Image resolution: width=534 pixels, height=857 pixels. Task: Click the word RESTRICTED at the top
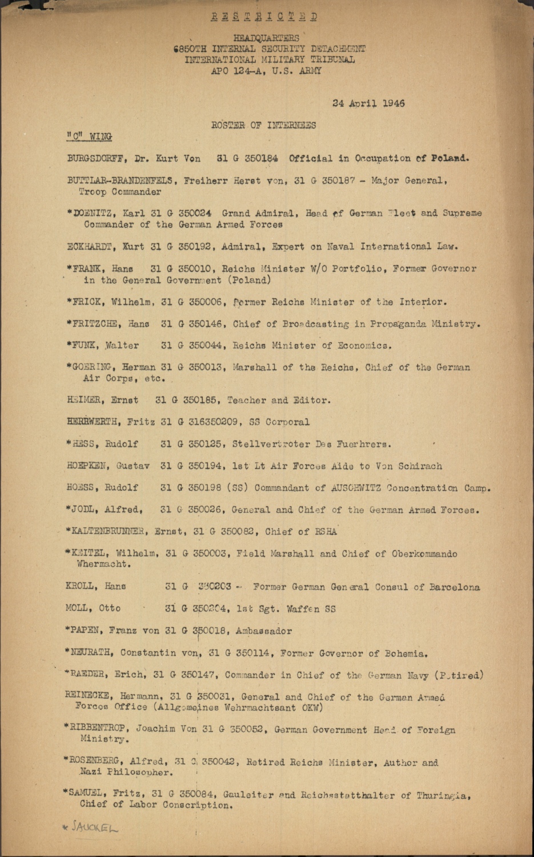click(x=264, y=17)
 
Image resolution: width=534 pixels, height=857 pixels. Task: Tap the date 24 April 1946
click(x=368, y=103)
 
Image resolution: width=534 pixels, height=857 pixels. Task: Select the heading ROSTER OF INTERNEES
click(x=263, y=125)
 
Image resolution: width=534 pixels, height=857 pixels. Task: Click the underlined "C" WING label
click(x=89, y=137)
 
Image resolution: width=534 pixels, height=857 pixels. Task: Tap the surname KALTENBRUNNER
click(x=110, y=531)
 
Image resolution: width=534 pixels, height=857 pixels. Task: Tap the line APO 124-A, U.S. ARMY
click(x=266, y=71)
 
